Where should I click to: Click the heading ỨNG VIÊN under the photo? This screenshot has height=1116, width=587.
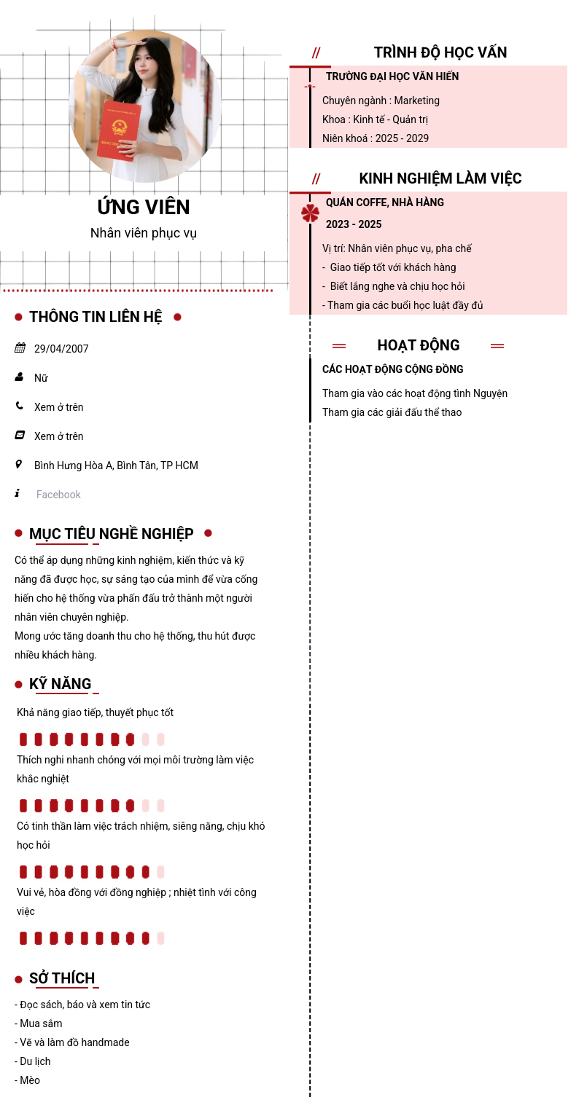(x=144, y=208)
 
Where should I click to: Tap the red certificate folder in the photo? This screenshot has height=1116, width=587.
(x=118, y=131)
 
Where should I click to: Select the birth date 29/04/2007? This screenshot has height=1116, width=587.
(x=61, y=349)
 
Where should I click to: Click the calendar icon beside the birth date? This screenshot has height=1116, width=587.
(x=20, y=348)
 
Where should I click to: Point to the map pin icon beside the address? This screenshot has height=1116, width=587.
(x=19, y=465)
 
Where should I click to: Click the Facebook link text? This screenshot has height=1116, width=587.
(x=58, y=495)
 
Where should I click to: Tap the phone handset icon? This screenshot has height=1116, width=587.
(x=19, y=406)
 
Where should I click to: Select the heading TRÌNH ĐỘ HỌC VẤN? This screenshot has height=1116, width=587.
(x=440, y=52)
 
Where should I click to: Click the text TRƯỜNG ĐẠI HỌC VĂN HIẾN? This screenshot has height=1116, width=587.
(x=392, y=76)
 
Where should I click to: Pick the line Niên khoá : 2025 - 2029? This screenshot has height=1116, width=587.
(x=376, y=138)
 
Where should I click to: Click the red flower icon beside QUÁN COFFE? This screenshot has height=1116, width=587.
(x=311, y=213)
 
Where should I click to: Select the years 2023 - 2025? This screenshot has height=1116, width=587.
(x=354, y=224)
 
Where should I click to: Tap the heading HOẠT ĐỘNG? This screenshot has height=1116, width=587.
(x=419, y=345)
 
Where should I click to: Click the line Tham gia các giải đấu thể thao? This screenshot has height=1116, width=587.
(x=392, y=412)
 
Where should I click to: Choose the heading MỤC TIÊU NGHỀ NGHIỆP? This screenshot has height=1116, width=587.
(x=112, y=534)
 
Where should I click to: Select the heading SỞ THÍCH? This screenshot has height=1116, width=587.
(x=62, y=978)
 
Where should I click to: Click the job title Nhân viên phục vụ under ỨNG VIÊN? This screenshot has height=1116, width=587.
(x=144, y=233)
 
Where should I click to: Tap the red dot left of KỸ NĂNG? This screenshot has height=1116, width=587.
(x=18, y=685)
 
